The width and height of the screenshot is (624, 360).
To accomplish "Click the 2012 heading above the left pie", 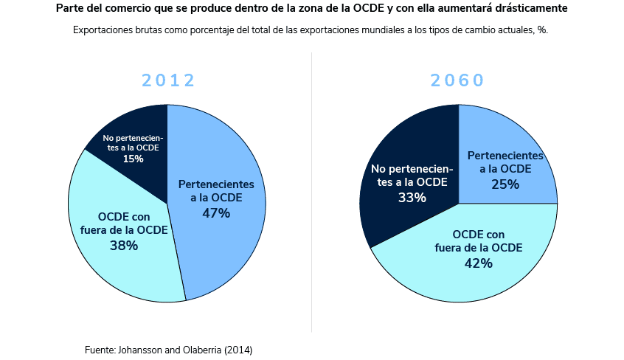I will (x=168, y=81).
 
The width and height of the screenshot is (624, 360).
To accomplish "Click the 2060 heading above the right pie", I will (x=457, y=81).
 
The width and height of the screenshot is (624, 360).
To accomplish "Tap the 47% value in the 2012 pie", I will (x=216, y=213).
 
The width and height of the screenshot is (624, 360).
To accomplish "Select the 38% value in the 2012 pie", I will (x=124, y=246).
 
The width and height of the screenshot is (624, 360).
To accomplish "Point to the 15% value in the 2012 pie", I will (x=134, y=159).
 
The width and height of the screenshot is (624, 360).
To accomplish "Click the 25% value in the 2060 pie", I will (x=505, y=184).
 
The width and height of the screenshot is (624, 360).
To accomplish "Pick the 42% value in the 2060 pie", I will (x=479, y=263).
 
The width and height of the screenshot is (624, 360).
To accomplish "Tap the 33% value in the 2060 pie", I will (x=412, y=198).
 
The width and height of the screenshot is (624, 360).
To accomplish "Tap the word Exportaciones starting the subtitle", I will (x=104, y=31).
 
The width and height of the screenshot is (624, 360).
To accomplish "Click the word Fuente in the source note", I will (x=100, y=350).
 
